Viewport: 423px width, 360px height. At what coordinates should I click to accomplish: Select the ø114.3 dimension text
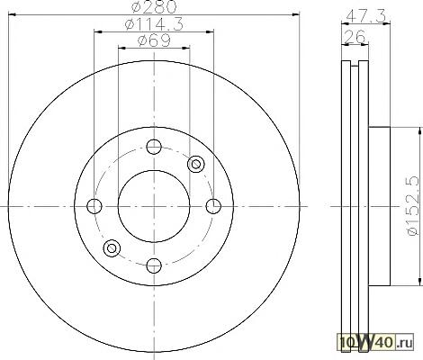[154, 24]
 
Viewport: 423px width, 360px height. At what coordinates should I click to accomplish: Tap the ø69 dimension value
[154, 40]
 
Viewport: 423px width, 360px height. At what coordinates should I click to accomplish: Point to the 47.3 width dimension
[365, 16]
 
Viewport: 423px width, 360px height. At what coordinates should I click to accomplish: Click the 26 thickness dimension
[355, 37]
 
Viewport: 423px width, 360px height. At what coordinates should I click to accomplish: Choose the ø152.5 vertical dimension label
[411, 206]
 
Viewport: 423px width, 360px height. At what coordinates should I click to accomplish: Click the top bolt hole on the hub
[154, 147]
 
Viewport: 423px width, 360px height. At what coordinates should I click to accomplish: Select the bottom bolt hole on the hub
[154, 265]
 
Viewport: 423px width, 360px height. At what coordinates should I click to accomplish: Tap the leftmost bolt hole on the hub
[94, 206]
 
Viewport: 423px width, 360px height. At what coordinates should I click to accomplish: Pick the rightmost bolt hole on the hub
[213, 206]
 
